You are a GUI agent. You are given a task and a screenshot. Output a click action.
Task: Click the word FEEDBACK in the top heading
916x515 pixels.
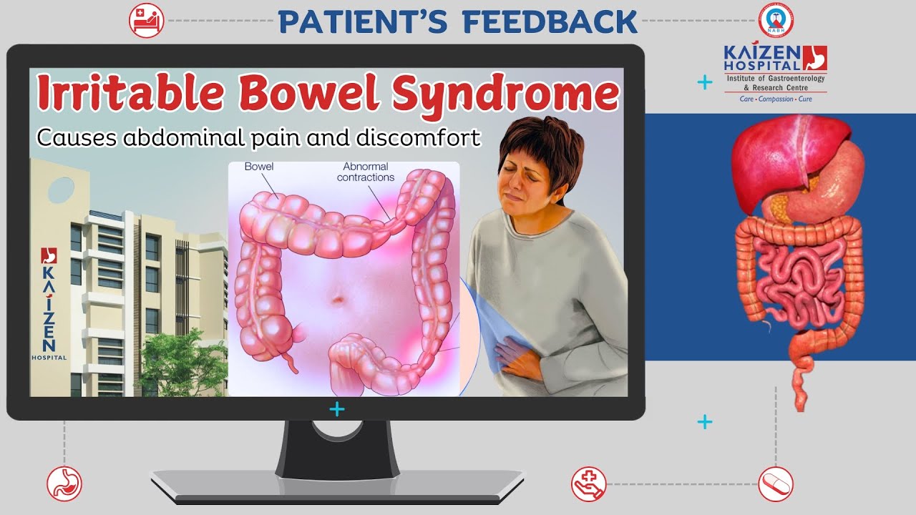click(550, 21)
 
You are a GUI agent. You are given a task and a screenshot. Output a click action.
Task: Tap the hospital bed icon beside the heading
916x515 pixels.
click(147, 21)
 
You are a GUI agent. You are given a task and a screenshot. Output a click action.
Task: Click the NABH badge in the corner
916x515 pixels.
click(776, 20)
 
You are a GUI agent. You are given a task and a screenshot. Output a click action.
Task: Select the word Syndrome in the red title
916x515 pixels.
click(505, 94)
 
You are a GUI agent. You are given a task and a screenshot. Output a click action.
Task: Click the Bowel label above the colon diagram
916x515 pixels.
click(259, 167)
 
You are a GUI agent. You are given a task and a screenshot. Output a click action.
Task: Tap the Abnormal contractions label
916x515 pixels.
click(366, 172)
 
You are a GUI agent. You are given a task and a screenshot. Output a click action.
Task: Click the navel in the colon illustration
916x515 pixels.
click(337, 300)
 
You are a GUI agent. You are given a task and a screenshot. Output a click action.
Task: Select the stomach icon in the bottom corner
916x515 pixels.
click(64, 484)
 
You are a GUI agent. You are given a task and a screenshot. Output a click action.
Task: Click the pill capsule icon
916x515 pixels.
click(776, 484)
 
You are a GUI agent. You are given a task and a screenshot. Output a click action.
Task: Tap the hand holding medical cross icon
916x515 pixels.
click(589, 484)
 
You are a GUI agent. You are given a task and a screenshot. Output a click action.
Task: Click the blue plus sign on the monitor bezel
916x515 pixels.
click(337, 409)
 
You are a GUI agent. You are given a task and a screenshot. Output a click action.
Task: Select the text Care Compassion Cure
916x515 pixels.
click(776, 99)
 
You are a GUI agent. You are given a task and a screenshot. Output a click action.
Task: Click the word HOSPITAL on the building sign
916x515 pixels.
click(49, 358)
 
